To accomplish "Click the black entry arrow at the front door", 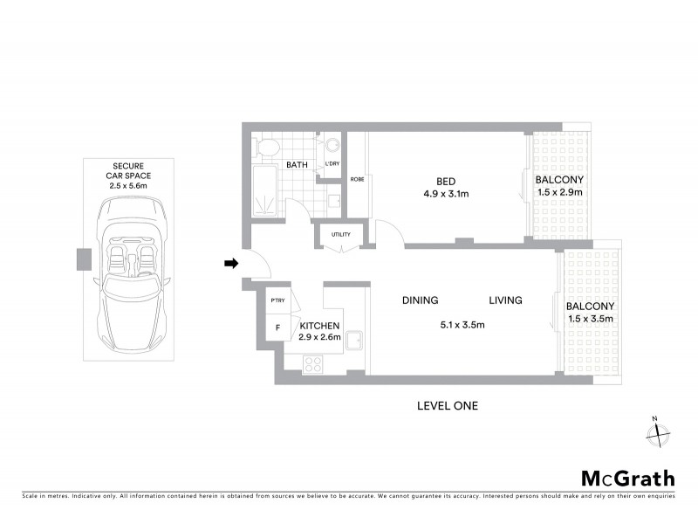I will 230,262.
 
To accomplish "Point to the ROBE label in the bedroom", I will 357,179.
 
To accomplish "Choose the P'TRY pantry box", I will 277,301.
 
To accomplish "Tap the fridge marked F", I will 277,328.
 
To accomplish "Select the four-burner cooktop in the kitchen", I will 313,364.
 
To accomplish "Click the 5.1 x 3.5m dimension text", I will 462,325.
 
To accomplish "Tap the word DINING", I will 420,300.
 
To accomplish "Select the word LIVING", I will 505,300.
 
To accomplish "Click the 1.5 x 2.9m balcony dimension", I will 558,192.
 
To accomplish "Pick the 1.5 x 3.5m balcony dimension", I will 590,319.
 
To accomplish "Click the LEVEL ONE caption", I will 448,405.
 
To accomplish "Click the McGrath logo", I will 627,478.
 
